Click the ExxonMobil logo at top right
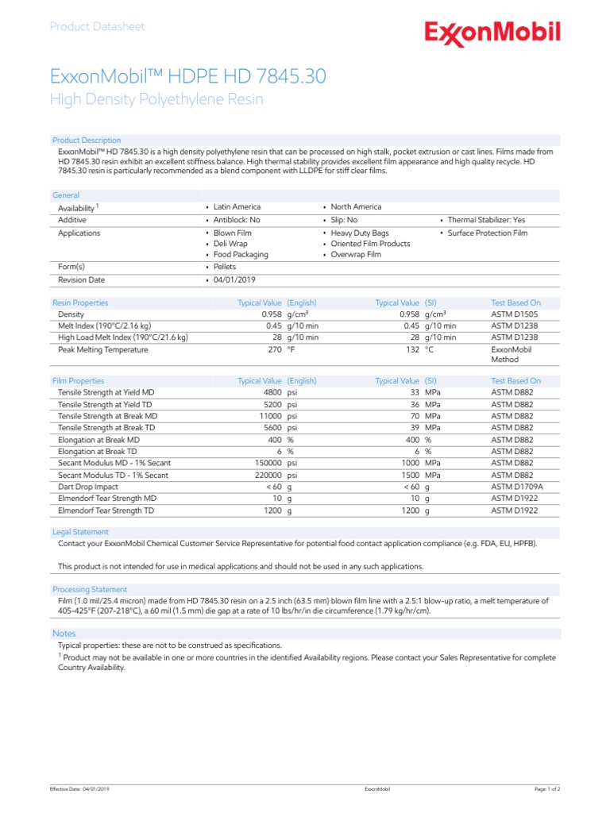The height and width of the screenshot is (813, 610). coord(492,33)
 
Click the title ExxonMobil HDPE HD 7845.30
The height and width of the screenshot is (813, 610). coord(187,76)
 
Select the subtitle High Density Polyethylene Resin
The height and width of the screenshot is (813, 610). coord(156,99)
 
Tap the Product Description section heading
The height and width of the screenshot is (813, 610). coord(87,140)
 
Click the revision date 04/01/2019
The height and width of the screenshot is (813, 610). coord(235,279)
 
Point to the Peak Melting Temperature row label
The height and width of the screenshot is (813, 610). coord(103,349)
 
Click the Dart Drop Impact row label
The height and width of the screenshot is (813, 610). coord(88,486)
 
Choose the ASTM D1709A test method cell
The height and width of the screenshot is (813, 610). coord(518,486)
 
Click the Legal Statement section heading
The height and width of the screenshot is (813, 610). coord(80,531)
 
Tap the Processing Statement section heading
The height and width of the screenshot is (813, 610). coord(89,589)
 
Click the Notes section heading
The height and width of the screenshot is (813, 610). coord(64,633)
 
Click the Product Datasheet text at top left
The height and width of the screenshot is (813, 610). coord(97,26)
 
